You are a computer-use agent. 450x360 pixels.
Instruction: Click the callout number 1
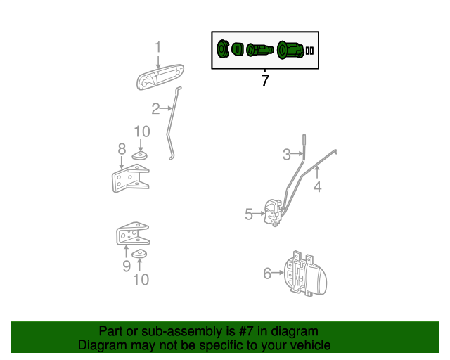tap(158, 47)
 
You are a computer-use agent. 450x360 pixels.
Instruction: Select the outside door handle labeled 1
tap(160, 77)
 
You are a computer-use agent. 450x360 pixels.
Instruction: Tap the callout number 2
tap(155, 108)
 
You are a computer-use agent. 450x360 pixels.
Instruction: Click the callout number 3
tap(287, 155)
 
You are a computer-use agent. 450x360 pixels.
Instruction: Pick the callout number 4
tap(317, 186)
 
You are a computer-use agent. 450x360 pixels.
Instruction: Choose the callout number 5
tap(249, 214)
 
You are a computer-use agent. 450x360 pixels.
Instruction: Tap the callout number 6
tap(267, 274)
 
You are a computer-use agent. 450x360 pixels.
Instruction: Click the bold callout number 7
tap(265, 81)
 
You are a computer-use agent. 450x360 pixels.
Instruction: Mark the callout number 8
tap(122, 149)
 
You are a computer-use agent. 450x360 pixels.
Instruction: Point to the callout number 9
tap(127, 266)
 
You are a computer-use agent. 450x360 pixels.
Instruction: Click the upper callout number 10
tap(141, 131)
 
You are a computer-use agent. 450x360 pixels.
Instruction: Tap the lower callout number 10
tap(141, 280)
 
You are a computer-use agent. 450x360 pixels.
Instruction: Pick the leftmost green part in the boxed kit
tap(222, 50)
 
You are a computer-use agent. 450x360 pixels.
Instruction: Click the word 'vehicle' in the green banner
tap(307, 345)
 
